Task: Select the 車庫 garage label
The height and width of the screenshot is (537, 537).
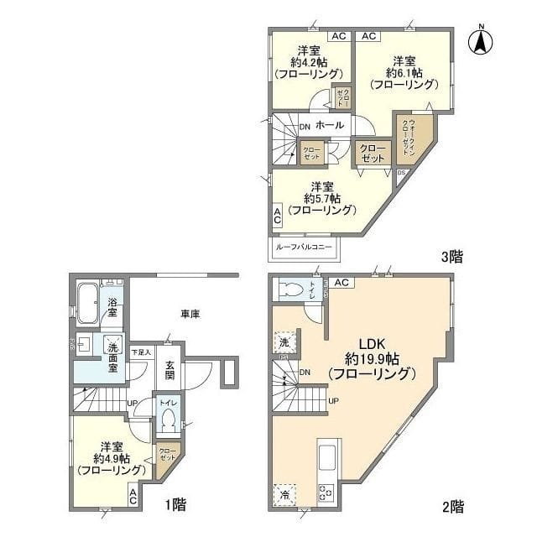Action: [x=190, y=314]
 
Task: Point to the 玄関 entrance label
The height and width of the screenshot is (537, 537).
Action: [x=169, y=370]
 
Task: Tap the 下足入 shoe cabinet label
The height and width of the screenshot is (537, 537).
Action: [x=141, y=352]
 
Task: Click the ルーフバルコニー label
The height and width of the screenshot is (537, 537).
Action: [x=302, y=248]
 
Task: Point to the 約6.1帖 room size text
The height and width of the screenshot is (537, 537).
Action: [x=404, y=72]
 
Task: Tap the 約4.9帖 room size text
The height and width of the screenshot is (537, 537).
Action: [x=111, y=458]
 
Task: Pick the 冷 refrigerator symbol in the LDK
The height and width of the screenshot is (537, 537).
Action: [x=283, y=493]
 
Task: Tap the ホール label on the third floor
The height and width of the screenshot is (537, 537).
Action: [x=330, y=125]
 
